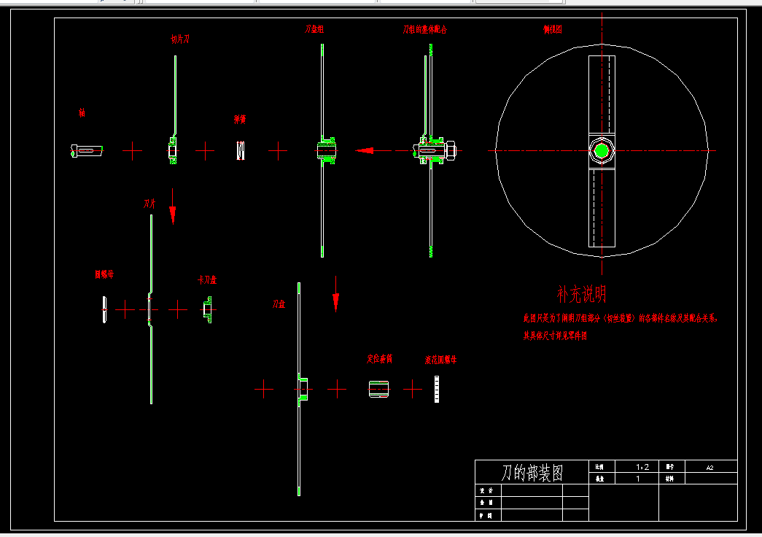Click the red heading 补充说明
pos(581,294)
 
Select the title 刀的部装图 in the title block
pos(532,473)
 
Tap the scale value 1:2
pos(642,466)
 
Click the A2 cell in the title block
pos(709,466)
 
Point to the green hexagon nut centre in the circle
pos(602,151)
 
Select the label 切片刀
pos(179,39)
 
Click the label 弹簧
pos(239,119)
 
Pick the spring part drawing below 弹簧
pos(240,150)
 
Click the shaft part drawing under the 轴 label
pos(86,150)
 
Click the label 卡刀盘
pos(207,279)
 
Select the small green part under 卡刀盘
pos(207,310)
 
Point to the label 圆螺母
pos(104,274)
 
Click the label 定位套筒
pos(379,359)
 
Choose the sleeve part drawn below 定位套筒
pos(379,389)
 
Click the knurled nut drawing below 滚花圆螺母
pos(436,389)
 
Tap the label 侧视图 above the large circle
pos(552,29)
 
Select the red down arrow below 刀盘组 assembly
pos(335,293)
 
